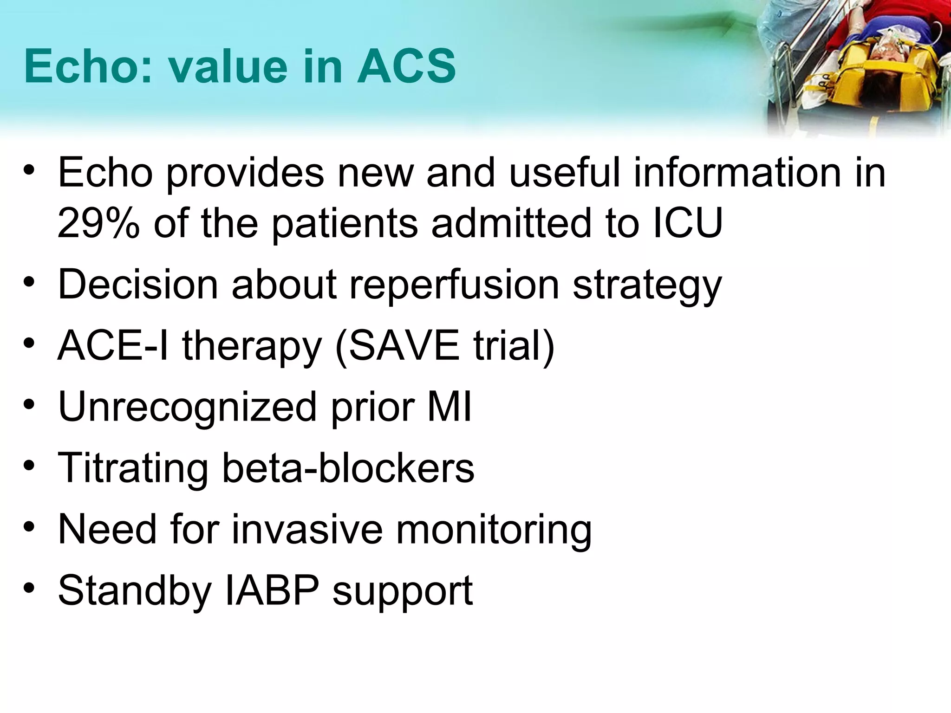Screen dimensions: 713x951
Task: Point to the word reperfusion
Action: (454, 285)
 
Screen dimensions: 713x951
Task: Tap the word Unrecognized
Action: (187, 407)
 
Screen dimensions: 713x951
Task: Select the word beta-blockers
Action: (348, 468)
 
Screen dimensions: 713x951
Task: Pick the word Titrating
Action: (133, 468)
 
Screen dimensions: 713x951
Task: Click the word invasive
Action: (307, 529)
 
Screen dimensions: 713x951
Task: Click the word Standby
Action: (135, 590)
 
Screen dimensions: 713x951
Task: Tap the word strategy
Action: (647, 285)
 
